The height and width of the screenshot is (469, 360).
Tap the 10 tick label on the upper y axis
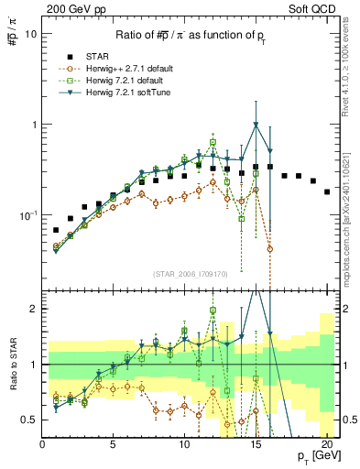click(x=30, y=33)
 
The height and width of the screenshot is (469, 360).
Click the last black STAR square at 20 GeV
click(x=327, y=191)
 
